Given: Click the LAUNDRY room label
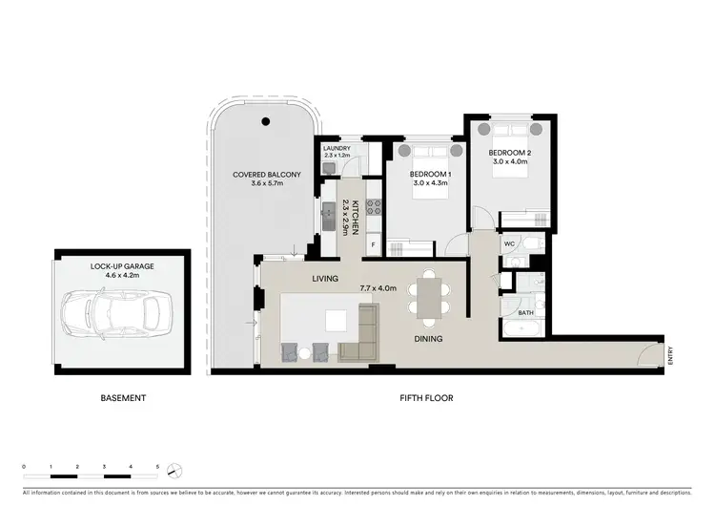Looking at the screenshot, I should pos(337,149).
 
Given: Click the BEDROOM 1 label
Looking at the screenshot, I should pos(430,175).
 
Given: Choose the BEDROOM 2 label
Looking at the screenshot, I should pos(509,153).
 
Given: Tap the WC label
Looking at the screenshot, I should pos(510,242).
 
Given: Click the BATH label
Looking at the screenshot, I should pos(525,312).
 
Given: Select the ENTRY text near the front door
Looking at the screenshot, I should pos(671,353).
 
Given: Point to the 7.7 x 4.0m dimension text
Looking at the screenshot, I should pos(379,287).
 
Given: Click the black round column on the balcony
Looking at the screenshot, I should pos(267,122).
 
